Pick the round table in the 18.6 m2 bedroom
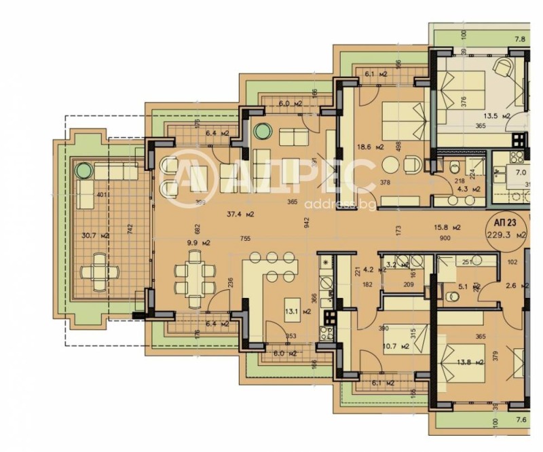(x=391, y=165)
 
